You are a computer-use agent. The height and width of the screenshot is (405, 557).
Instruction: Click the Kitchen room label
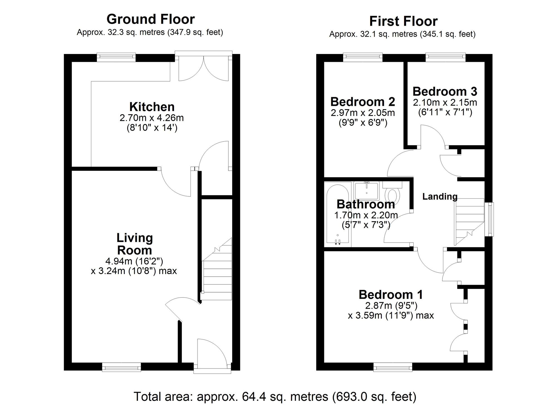(152, 107)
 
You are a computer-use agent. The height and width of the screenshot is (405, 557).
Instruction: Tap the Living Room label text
(135, 244)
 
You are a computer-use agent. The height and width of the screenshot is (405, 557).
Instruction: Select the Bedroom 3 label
(445, 91)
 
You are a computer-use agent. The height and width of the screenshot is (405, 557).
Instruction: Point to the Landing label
(440, 197)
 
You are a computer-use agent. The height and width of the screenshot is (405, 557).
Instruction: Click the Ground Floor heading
(150, 19)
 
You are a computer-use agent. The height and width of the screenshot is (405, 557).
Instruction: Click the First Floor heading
(403, 21)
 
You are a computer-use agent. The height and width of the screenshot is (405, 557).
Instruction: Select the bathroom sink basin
(367, 191)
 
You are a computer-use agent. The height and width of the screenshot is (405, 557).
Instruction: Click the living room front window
(121, 367)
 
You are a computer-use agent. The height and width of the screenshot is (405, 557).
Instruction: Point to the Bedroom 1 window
(393, 367)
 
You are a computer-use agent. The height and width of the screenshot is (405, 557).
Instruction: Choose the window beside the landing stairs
(489, 219)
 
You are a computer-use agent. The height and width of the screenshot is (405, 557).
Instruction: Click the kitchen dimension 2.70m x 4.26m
(152, 118)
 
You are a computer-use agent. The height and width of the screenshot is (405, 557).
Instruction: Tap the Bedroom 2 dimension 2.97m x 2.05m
(363, 113)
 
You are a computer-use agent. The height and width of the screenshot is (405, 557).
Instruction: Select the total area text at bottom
(275, 396)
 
